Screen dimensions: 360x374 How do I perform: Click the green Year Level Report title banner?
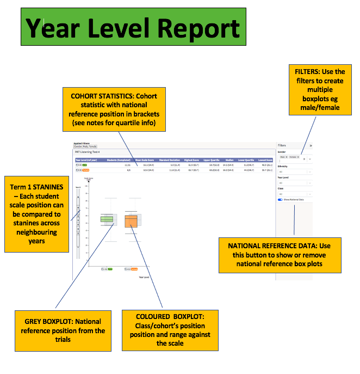tap(133, 26)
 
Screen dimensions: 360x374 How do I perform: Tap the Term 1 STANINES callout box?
tap(36, 213)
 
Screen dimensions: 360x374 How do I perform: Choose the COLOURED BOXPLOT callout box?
tap(169, 328)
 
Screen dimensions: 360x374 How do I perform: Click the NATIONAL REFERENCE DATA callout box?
tap(280, 255)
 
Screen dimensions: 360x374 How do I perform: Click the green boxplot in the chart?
tap(107, 219)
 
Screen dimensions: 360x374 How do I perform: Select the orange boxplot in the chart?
tap(131, 221)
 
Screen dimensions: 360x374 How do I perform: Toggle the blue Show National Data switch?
tap(281, 200)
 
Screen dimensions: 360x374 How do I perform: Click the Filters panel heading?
tap(282, 146)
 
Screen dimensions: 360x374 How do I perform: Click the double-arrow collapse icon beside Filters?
tap(311, 146)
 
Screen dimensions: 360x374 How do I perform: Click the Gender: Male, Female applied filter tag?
tap(84, 146)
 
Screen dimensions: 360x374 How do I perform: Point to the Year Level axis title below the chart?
tap(144, 277)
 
